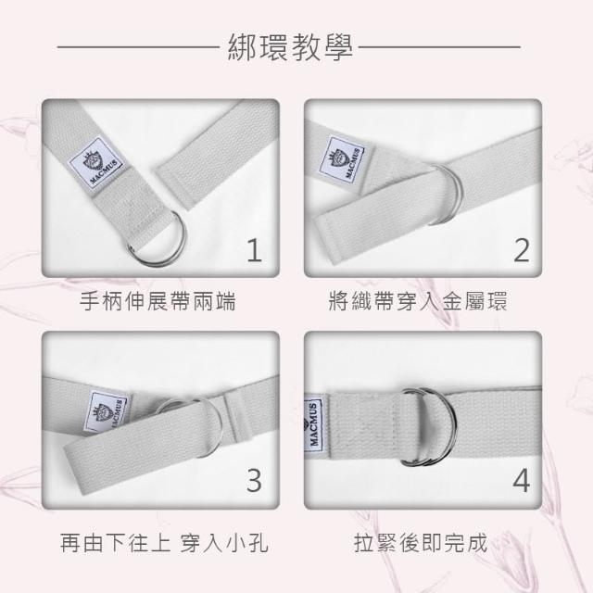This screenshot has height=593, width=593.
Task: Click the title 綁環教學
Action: [x=290, y=47]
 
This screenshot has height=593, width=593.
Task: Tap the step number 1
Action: [x=255, y=250]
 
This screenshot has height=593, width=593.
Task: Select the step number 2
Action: [x=522, y=250]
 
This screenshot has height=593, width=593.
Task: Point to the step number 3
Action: [x=254, y=480]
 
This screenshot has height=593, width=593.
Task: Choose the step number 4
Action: [x=522, y=480]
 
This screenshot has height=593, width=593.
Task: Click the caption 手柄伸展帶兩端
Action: [x=158, y=301]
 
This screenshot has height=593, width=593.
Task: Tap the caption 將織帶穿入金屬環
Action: [x=418, y=301]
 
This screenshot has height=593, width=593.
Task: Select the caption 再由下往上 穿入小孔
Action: [x=164, y=543]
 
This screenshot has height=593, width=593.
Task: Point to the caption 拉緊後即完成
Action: [x=421, y=543]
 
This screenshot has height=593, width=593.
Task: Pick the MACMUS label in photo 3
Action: [x=107, y=412]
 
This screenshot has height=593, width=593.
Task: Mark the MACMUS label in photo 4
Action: [x=314, y=423]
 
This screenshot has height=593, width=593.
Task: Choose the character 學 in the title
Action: [x=337, y=47]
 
